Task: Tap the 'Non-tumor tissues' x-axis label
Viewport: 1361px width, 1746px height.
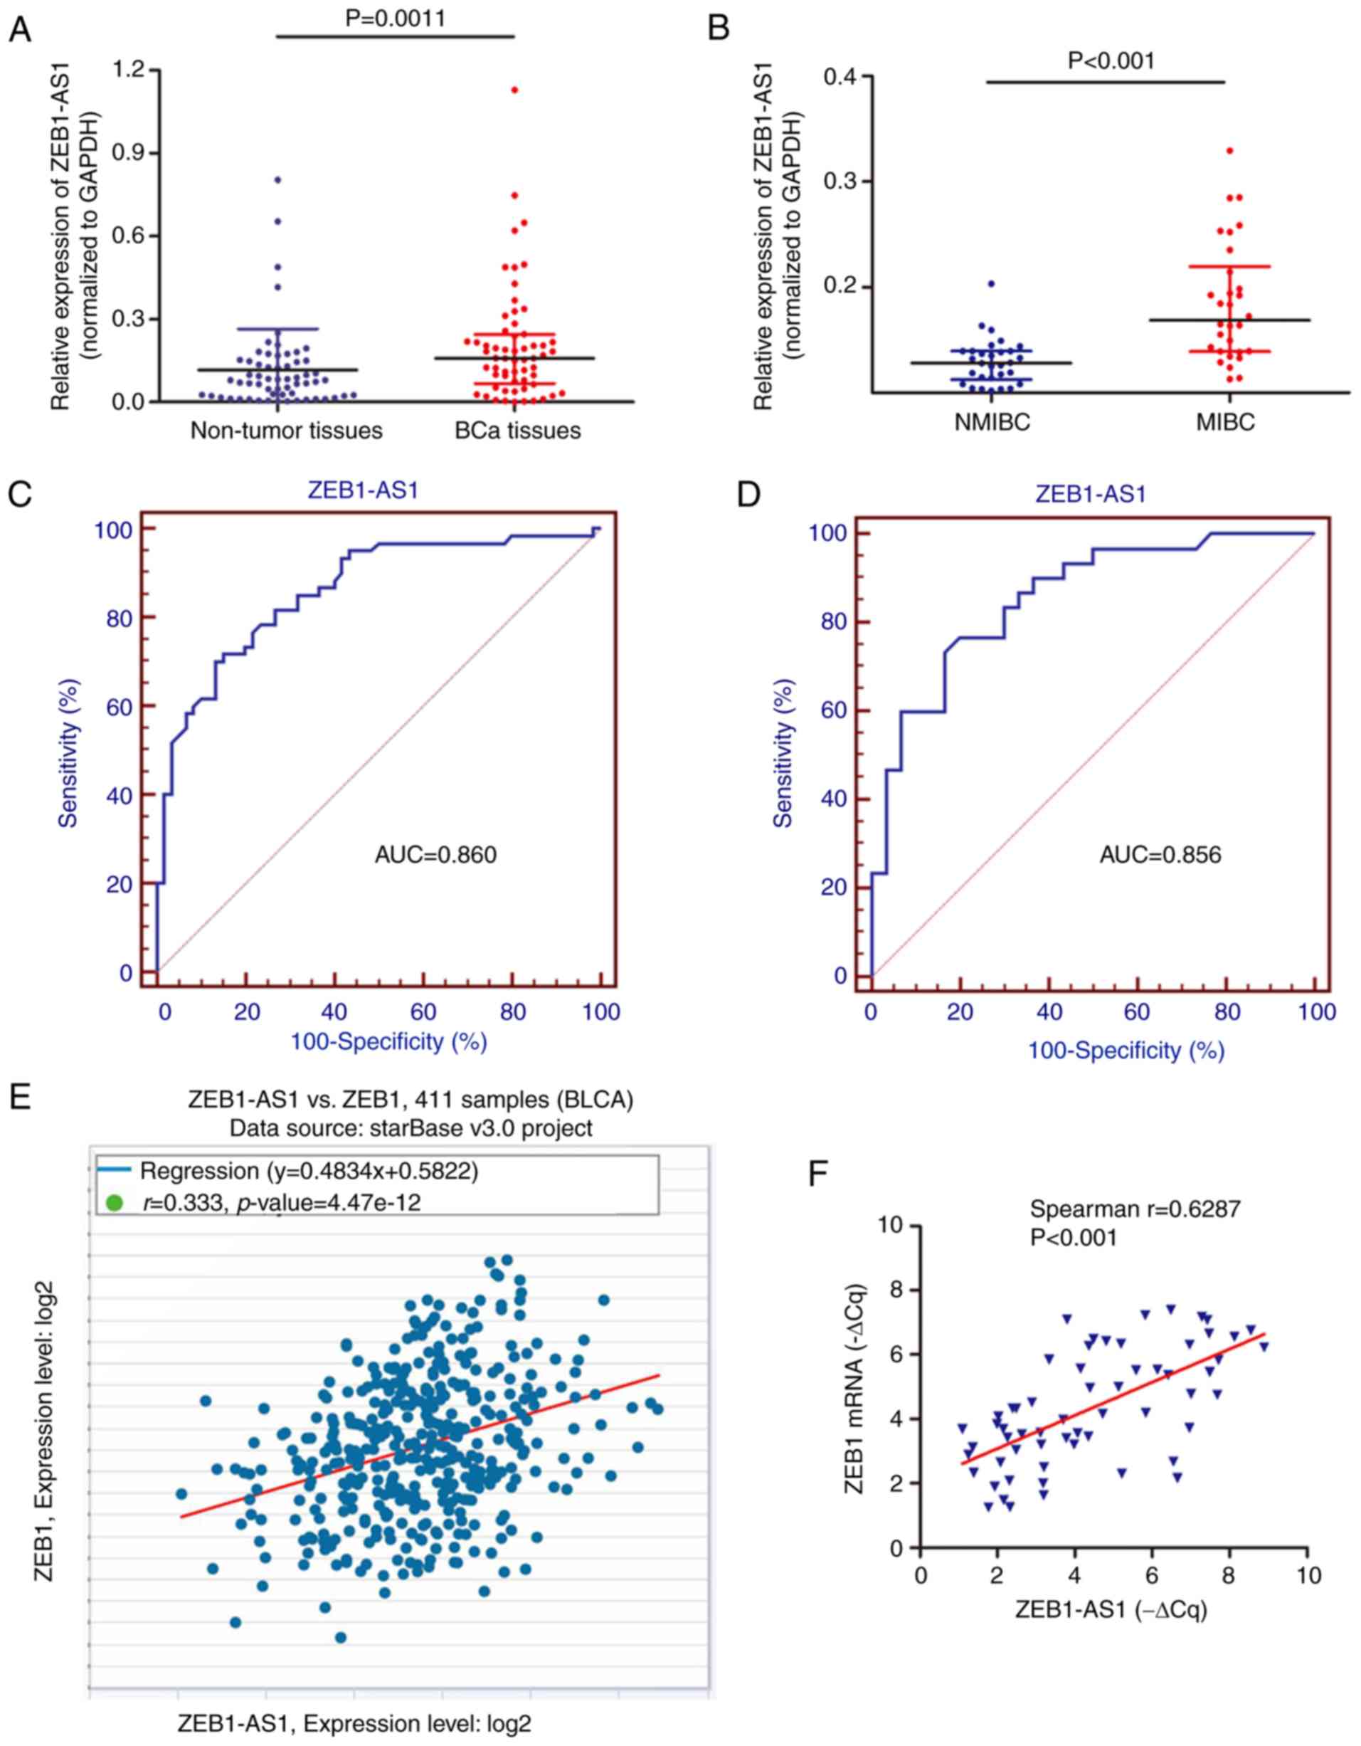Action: pyautogui.click(x=286, y=431)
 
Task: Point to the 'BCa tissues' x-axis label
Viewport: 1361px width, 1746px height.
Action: pyautogui.click(x=518, y=431)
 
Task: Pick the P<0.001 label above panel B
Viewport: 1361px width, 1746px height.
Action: pyautogui.click(x=1111, y=61)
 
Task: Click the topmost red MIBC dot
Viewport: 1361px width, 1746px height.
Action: pyautogui.click(x=1229, y=150)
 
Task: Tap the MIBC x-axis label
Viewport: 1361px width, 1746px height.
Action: pyautogui.click(x=1225, y=423)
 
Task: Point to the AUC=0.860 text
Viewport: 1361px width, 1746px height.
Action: pyautogui.click(x=435, y=855)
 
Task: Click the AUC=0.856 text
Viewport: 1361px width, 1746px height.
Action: pyautogui.click(x=1160, y=855)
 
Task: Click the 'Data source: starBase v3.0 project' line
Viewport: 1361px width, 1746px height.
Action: pyautogui.click(x=410, y=1128)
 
